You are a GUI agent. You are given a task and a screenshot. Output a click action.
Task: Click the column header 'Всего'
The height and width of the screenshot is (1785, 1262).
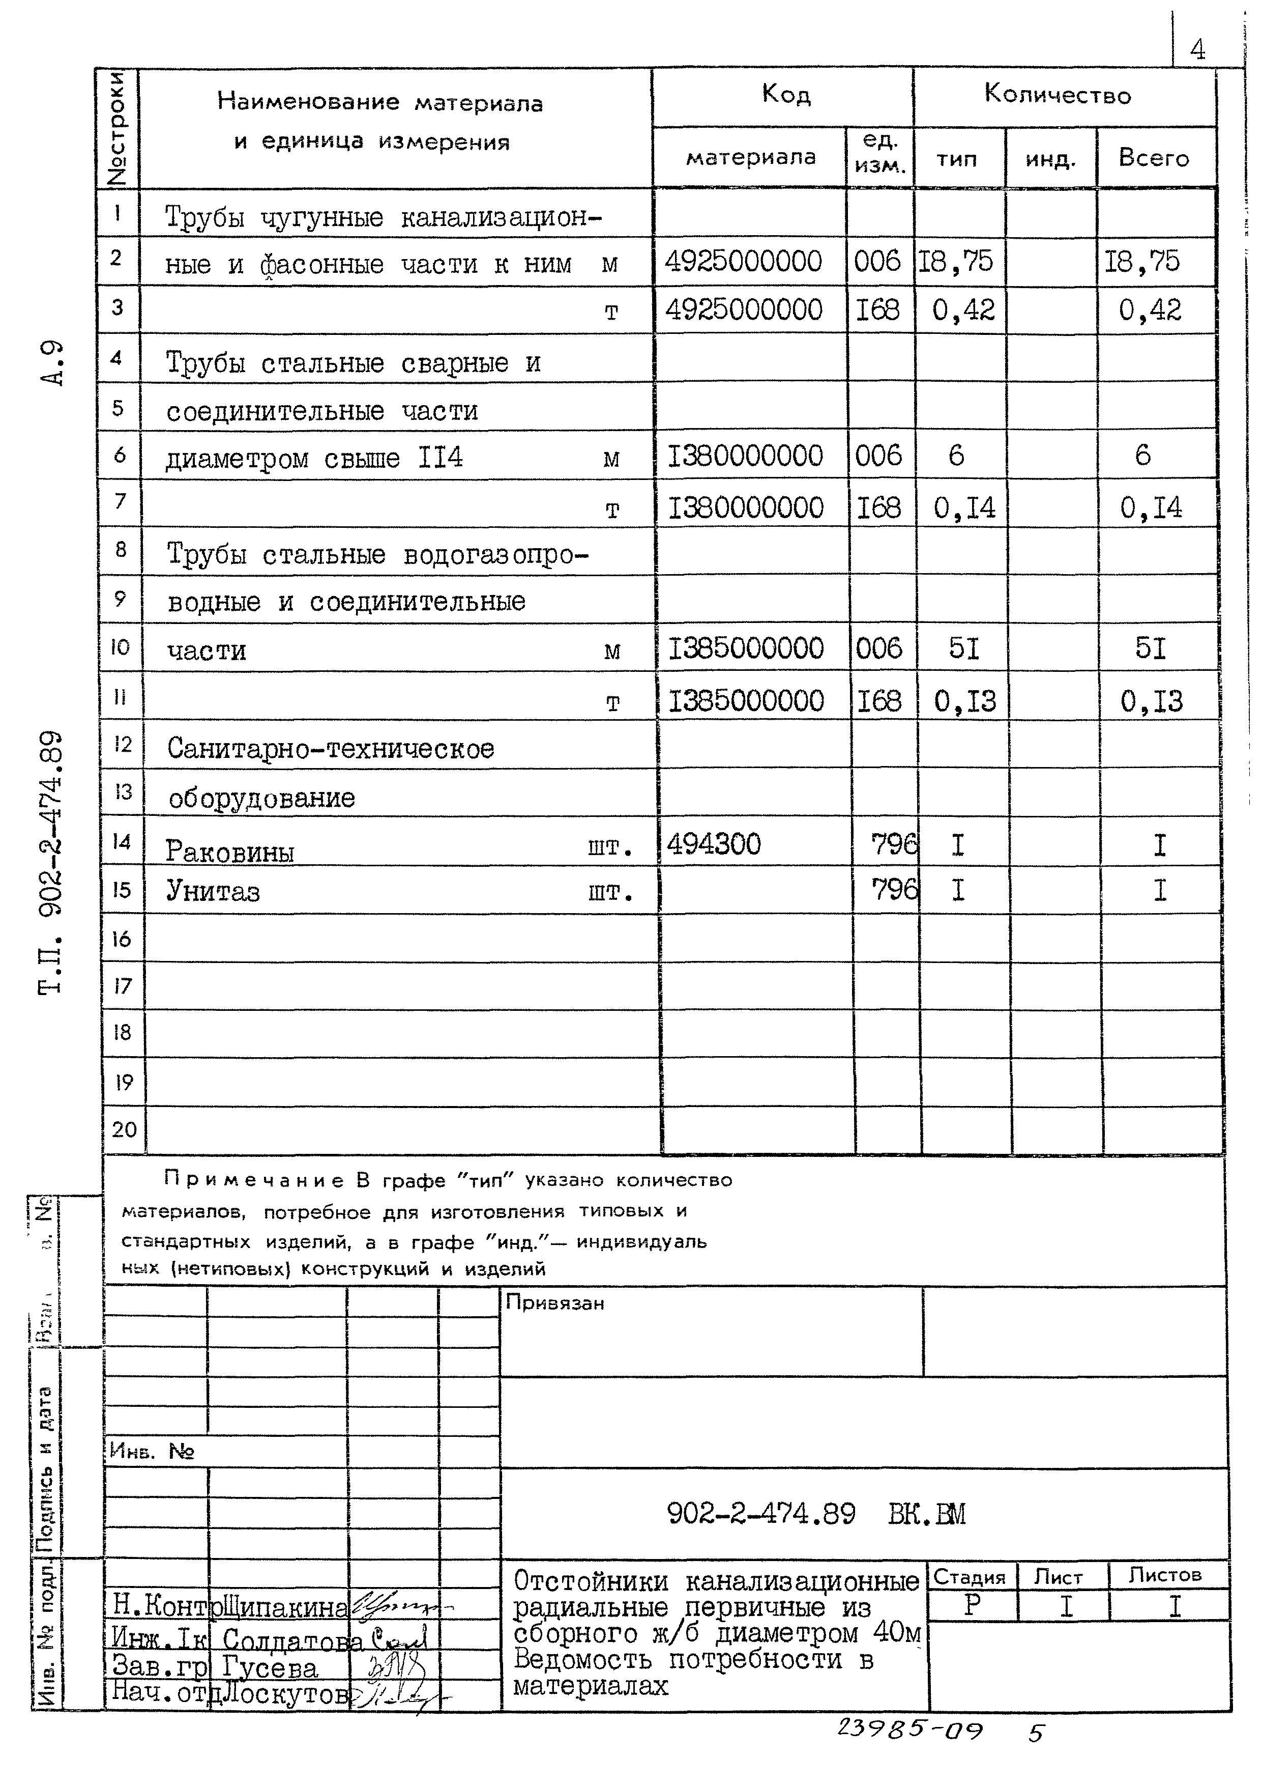(1153, 158)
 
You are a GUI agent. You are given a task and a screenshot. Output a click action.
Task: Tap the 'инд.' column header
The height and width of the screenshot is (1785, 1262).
(1050, 159)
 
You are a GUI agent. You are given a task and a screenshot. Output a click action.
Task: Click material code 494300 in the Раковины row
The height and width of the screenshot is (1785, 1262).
(713, 843)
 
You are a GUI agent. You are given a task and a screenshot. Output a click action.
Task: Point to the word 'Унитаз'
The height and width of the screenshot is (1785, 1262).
(213, 891)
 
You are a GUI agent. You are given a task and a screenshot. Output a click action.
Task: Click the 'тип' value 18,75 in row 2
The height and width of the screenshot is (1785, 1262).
(956, 261)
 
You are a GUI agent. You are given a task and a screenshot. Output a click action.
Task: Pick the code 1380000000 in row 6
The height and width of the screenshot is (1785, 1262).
(745, 456)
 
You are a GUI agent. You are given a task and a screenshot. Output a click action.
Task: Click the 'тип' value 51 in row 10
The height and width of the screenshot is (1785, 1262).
(963, 647)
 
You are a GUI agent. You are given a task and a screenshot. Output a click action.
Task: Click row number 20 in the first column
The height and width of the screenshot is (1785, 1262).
(124, 1129)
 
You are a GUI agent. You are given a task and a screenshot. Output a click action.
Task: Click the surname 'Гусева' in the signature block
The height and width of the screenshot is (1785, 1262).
(270, 1667)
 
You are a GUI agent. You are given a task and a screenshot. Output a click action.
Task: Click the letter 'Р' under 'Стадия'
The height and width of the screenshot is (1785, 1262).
(972, 1605)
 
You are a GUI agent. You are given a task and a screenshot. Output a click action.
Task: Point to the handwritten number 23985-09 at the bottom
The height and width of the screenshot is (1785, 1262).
(909, 1731)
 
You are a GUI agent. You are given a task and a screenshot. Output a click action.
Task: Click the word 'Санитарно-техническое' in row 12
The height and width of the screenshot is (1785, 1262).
(330, 749)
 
